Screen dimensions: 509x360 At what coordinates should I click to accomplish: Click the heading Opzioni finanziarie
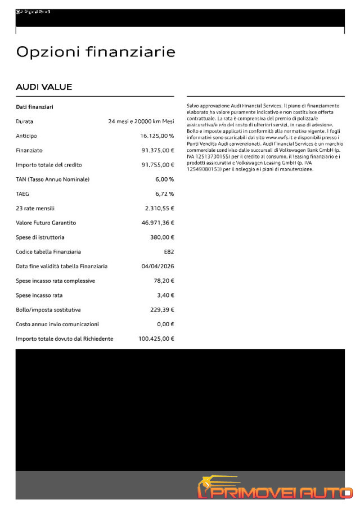[x=96, y=52]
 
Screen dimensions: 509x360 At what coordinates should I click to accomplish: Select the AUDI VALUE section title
[x=44, y=87]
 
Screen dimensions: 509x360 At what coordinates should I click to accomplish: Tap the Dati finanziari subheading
[x=34, y=107]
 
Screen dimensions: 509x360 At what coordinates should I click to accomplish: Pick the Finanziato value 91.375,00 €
[x=157, y=151]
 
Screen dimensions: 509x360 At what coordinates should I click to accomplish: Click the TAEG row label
[x=22, y=194]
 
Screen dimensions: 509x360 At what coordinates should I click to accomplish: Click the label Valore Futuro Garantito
[x=46, y=223]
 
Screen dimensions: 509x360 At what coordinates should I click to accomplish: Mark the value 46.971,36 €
[x=157, y=223]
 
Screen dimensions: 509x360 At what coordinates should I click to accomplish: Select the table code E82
[x=169, y=252]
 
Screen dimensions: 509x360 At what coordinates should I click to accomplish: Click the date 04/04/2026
[x=157, y=267]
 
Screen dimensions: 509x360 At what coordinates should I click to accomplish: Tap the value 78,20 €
[x=163, y=281]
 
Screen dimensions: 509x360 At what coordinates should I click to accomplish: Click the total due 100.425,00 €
[x=156, y=339]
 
